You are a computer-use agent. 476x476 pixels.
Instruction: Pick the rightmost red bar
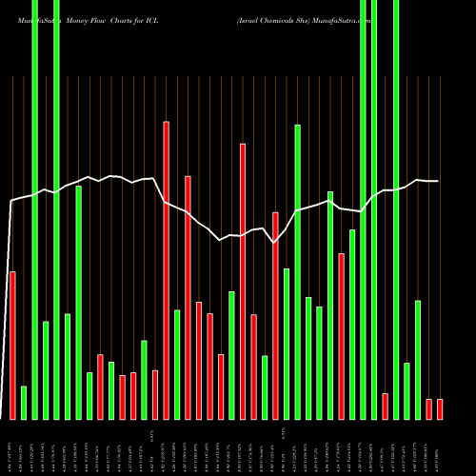point(440,408)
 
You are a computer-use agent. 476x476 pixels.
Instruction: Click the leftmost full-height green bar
point(34,209)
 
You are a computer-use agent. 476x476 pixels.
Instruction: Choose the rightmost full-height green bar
point(396,209)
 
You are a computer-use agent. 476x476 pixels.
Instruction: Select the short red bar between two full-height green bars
point(385,406)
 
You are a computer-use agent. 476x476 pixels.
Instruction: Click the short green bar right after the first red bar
point(24,402)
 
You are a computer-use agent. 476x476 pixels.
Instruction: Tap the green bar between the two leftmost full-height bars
point(46,370)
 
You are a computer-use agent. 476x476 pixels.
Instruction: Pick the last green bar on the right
point(418,360)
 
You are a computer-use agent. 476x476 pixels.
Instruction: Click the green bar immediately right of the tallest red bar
point(177,365)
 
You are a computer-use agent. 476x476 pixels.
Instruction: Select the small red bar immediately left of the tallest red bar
point(155,394)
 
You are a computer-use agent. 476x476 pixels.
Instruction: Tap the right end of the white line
point(438,181)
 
